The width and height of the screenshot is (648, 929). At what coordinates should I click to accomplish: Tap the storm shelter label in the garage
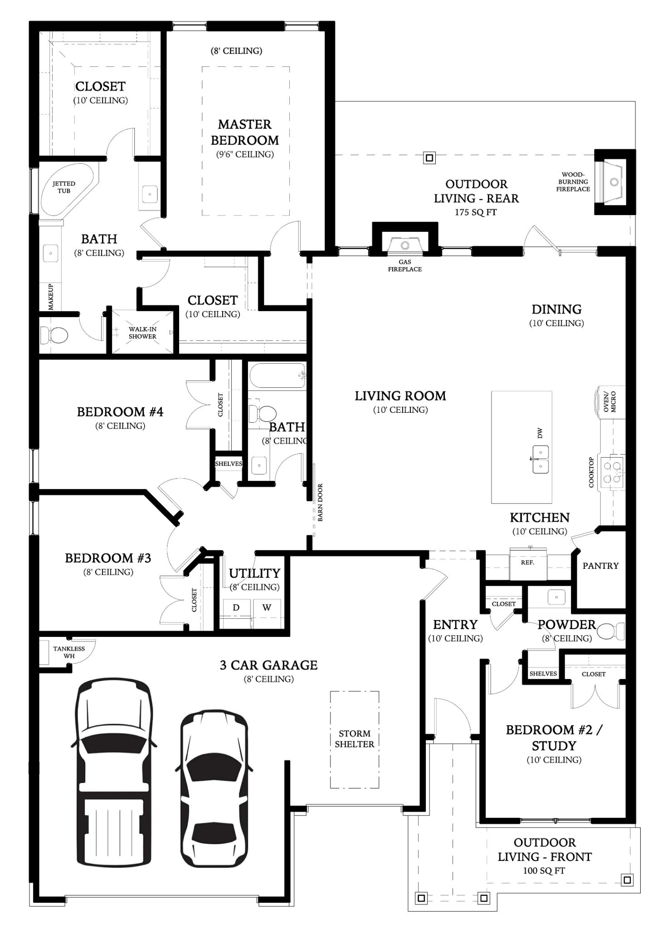pos(354,738)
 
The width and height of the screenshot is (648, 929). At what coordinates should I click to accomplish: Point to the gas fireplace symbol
pos(404,245)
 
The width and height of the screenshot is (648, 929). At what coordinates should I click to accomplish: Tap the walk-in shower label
pos(142,332)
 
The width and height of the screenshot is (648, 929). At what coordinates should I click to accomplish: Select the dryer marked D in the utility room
pos(236,608)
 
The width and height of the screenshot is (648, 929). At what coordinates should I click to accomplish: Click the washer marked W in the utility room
pos(267,608)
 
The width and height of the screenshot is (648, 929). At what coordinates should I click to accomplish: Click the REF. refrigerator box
pos(527,563)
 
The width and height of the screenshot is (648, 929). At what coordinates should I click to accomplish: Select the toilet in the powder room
pos(611,631)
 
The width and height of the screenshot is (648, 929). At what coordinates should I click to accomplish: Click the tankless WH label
pos(69,652)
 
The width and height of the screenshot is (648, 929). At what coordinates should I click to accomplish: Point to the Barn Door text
pos(320,502)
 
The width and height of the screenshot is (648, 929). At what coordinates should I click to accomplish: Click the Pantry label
pos(600,566)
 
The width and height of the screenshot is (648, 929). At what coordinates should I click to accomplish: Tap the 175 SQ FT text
pos(476,212)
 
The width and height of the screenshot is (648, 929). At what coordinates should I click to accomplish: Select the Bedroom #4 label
pos(120,412)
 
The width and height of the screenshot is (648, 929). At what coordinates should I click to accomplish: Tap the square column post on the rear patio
pos(429,158)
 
